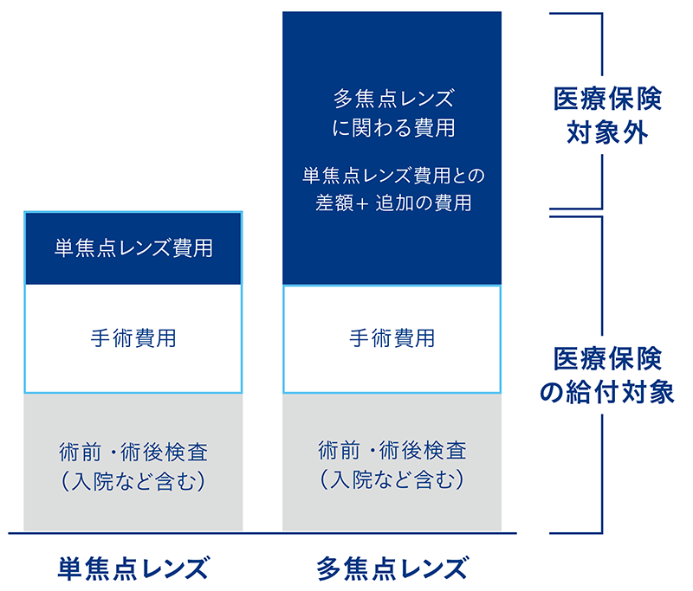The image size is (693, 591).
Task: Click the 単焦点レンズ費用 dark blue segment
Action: point(133,248)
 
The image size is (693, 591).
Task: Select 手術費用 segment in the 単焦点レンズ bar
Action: point(133,337)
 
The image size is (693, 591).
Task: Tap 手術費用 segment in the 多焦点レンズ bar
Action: point(392,337)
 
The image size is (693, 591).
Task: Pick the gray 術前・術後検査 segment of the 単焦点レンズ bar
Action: point(133,463)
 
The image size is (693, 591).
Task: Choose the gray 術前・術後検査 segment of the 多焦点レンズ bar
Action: point(392,463)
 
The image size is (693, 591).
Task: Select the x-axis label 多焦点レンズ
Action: point(392,569)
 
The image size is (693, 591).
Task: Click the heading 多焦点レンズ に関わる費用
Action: point(392,112)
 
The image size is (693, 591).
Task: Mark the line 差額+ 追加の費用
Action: point(392,203)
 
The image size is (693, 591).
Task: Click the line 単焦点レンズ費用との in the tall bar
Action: point(392,176)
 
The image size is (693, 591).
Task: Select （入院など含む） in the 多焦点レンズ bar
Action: point(392,478)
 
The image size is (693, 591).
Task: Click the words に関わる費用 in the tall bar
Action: point(392,128)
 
